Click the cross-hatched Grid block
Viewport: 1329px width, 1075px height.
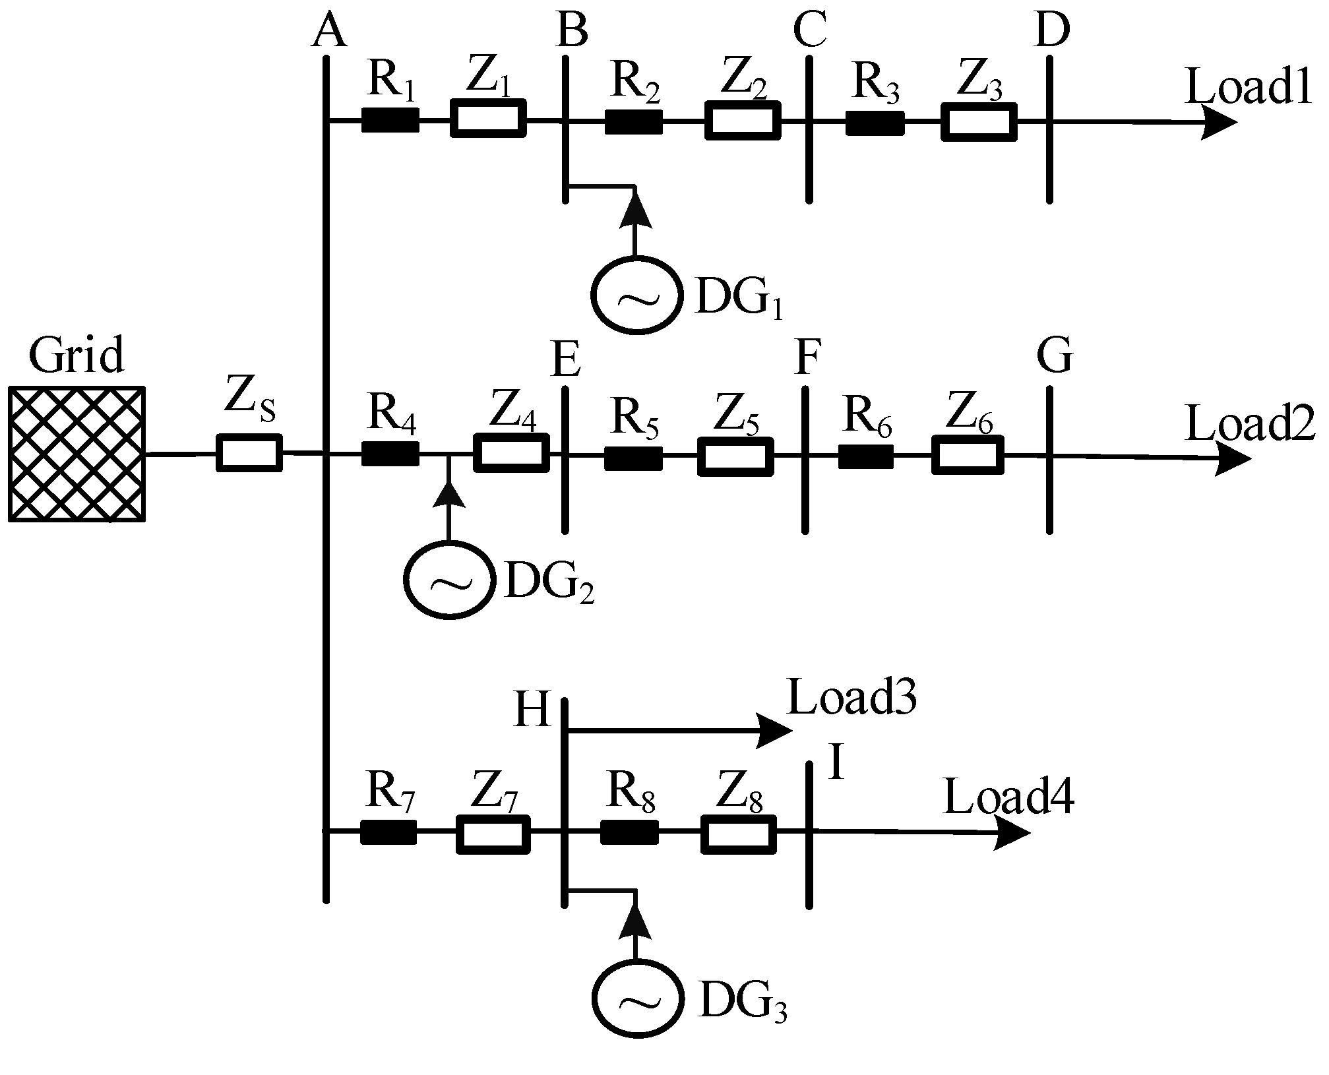(x=77, y=454)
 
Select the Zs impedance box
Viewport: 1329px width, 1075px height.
(x=249, y=453)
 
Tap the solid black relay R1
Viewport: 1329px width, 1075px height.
(x=390, y=121)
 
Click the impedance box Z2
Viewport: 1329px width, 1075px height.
(x=742, y=121)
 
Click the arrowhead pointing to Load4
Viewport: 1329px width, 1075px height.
(x=1012, y=833)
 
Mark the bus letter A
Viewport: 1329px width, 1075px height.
(x=328, y=32)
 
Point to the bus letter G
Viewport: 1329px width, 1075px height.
(x=1055, y=357)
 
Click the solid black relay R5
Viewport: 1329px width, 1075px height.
(x=633, y=458)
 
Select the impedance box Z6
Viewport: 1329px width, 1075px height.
(x=968, y=454)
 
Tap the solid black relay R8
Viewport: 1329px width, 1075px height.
(x=629, y=832)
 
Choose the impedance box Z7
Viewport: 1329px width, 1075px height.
(x=493, y=834)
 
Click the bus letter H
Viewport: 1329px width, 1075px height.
(x=532, y=711)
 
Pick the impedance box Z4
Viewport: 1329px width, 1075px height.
(x=511, y=452)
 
